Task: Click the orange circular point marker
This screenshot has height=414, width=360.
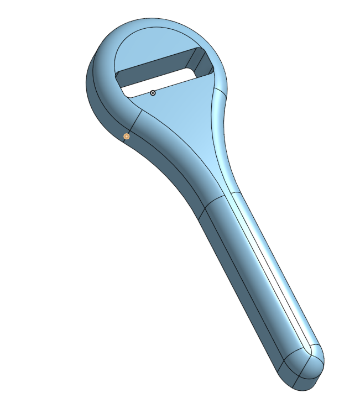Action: (x=126, y=136)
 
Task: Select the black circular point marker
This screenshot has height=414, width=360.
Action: (x=153, y=93)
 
